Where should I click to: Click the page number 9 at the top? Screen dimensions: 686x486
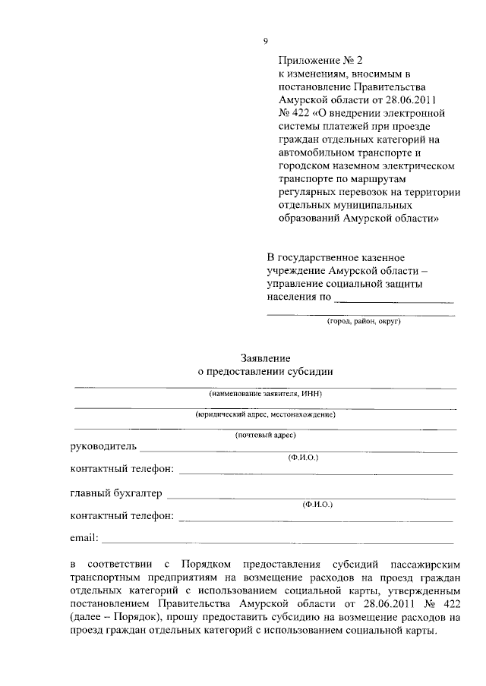coord(265,40)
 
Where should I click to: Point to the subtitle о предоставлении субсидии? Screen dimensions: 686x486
coord(265,372)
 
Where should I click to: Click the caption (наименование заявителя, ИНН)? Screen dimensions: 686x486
coord(265,395)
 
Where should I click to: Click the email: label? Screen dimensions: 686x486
coord(84,539)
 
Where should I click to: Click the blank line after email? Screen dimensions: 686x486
coord(277,542)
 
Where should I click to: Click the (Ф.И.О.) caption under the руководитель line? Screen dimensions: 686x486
coord(303,458)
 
